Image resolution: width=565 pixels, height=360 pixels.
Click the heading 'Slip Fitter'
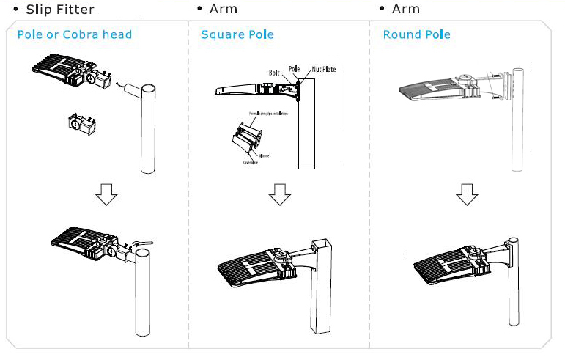pos(59,10)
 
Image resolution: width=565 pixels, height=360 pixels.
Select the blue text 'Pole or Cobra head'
pos(74,35)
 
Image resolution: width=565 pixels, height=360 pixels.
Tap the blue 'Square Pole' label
pos(237,35)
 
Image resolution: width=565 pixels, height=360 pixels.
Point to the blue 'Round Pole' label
pos(416,35)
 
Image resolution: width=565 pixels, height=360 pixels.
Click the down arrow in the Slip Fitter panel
pos(108,194)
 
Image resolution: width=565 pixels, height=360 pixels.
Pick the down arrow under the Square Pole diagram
pos(279,194)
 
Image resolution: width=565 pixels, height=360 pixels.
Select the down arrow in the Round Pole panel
pos(466,194)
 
